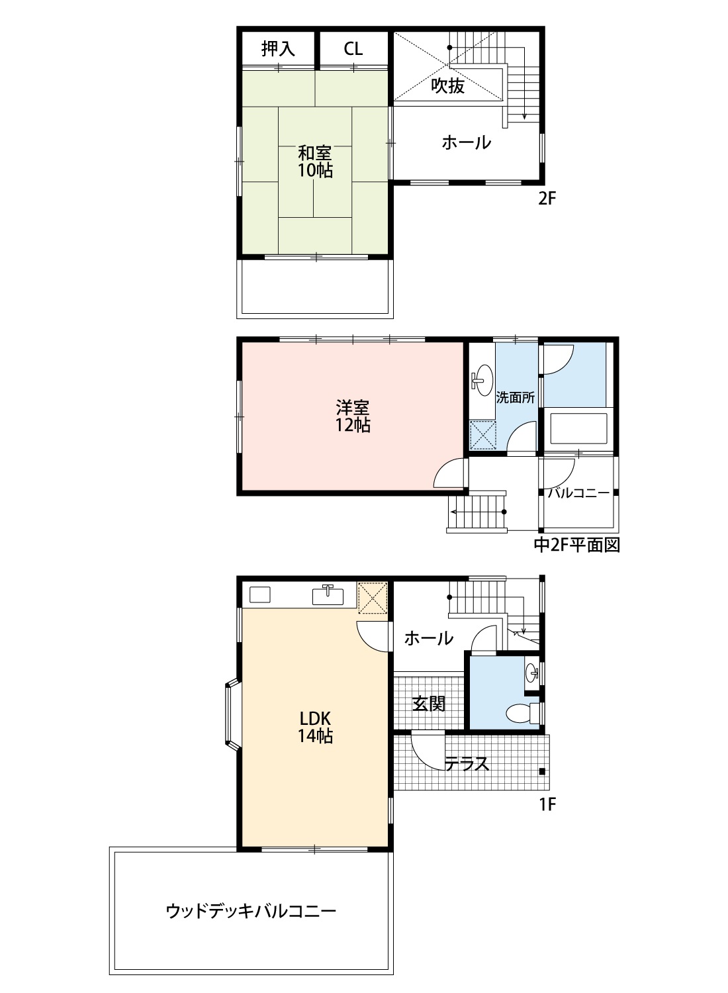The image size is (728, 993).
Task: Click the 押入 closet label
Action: pos(278,48)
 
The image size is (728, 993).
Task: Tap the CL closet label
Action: pos(353,48)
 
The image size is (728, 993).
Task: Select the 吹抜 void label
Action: pos(448,85)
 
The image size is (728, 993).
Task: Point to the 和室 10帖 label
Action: pos(314,162)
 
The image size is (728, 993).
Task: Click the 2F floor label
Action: pos(547,198)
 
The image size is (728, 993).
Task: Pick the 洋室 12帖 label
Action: pos(353,416)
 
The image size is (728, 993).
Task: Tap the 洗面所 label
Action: pos(516,398)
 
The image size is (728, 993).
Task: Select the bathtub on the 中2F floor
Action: pos(578,429)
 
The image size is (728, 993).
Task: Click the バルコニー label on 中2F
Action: pos(578,493)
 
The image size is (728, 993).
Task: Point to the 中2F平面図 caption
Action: pos(577,545)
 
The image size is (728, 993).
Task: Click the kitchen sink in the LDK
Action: pos(328,594)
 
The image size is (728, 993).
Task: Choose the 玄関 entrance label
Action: pos(428,704)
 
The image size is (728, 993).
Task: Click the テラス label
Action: pos(467,763)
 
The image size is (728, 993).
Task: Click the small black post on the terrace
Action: pos(542,771)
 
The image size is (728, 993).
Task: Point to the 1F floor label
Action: pos(547,804)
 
